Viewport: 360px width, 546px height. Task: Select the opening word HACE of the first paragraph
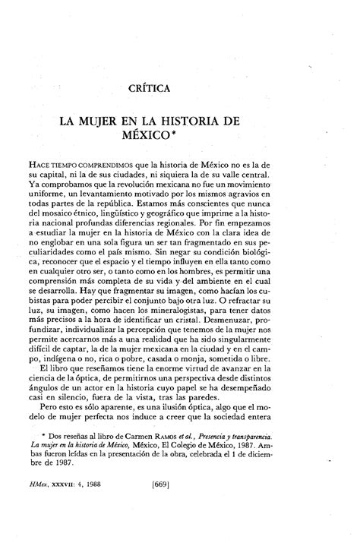[80, 164]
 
